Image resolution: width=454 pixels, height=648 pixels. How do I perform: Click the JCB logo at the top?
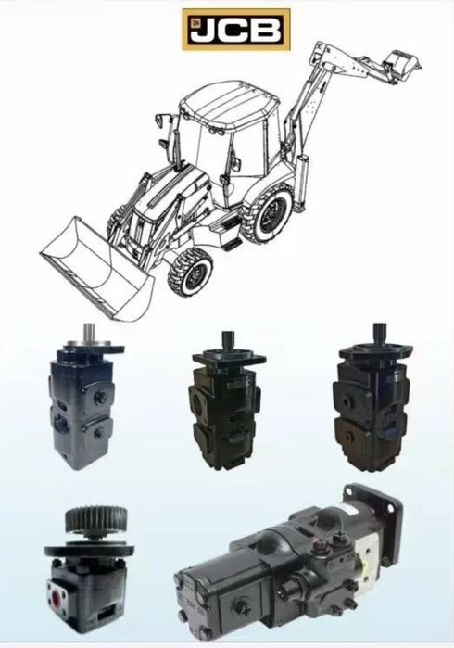pos(236,30)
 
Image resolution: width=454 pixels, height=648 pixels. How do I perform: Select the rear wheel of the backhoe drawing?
pos(270,214)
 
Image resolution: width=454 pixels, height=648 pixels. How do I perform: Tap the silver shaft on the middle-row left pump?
pos(88,332)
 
